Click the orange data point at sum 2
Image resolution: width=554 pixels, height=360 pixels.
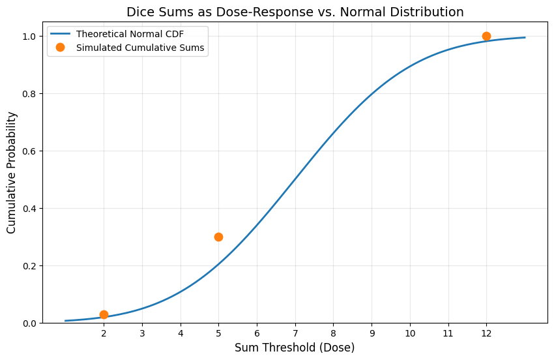coord(104,314)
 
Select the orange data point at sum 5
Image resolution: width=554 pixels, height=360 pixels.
coord(218,237)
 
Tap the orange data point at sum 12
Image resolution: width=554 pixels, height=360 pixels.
coord(486,36)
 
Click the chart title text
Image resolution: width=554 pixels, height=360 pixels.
coord(295,12)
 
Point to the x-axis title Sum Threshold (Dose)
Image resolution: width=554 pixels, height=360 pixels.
coord(295,348)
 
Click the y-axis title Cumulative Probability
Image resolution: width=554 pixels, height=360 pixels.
coord(12,172)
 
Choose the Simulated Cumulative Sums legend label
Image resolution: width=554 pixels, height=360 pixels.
coord(141,48)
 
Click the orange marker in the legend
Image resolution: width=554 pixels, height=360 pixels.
coord(61,48)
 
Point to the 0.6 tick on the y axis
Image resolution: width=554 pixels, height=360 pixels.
coord(30,151)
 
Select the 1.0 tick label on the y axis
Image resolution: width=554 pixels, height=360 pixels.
coord(30,36)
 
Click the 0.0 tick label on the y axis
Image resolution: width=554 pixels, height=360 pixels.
coord(30,323)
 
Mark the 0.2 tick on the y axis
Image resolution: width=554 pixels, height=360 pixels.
coord(30,265)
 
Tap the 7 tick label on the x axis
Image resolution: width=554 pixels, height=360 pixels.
coord(295,333)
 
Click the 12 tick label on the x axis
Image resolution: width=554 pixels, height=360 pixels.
coord(486,333)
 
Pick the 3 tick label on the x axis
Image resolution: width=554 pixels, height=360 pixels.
coord(142,333)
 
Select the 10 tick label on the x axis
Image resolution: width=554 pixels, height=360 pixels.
coord(410,333)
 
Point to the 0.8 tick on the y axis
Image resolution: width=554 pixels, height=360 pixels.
coord(30,93)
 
